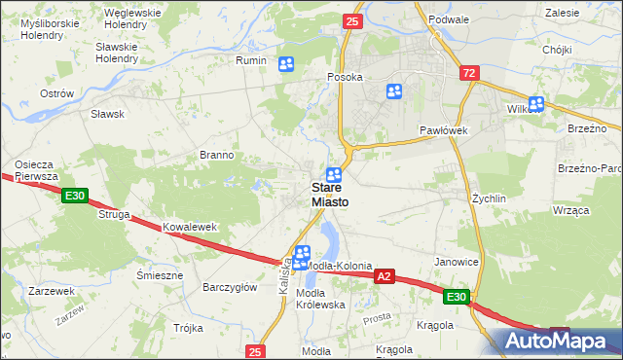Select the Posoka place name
point(345,77)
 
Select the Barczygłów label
point(229,287)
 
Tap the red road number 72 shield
point(470,73)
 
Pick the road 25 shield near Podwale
point(352,20)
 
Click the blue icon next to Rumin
point(286,64)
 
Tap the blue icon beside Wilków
point(535,103)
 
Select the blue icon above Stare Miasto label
point(333,173)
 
